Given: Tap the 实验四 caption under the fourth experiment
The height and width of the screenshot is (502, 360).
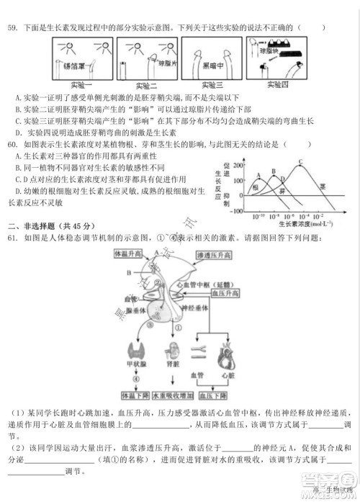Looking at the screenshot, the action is pos(276,85).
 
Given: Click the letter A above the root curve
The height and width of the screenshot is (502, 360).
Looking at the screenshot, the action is pos(257,175).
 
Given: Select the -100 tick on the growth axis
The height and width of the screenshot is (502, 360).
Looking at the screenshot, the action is pos(232,207).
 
